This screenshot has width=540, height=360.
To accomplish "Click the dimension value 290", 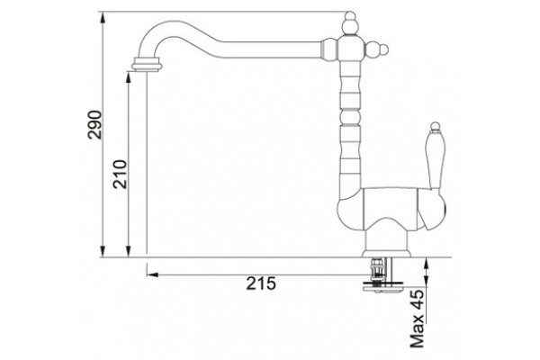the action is click(94, 124).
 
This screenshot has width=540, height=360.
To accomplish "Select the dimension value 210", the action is click(121, 174).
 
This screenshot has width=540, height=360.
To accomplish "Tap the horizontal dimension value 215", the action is click(261, 283).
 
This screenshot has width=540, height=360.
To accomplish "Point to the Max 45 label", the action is click(417, 319).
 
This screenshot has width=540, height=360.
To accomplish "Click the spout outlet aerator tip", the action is click(147, 65).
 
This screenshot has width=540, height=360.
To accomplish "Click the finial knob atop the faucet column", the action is click(350, 23).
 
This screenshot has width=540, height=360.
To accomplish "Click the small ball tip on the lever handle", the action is click(436, 126).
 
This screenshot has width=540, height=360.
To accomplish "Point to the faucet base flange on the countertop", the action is click(387, 254).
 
